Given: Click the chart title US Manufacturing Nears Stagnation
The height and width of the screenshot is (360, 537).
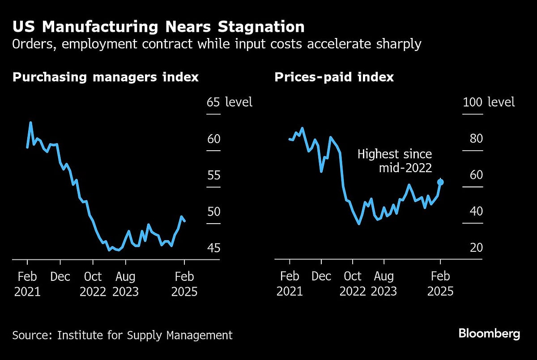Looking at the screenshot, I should coord(158,27).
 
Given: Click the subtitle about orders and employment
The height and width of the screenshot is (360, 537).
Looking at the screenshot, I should coord(217,45).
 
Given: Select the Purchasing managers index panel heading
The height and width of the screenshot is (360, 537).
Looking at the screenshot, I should coord(106,77).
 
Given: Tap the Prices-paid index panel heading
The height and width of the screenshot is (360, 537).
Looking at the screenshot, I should coord(334,77).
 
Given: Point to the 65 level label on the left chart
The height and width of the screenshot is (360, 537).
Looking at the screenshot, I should coord(229,102).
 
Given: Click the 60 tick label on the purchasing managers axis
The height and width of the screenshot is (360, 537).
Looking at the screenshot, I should coord(213,139).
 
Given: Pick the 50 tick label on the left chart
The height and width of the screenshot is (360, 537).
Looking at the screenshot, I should coord(213,211).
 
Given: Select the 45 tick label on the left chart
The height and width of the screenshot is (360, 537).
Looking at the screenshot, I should coord(213,247).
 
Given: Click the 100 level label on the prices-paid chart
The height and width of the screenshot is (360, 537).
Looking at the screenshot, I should coord(488,102).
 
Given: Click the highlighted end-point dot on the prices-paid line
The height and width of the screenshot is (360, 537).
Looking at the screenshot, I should coord(440,182).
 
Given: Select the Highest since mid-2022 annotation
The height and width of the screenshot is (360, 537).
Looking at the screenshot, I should coord(395,161).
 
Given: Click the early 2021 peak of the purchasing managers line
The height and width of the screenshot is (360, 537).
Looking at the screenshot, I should coord(30,123).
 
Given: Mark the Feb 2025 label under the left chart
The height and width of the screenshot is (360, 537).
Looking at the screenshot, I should coord(184,284).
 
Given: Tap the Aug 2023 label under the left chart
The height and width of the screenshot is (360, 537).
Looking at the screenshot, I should coord(125,284).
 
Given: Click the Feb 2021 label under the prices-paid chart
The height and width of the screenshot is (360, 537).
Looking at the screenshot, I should coord(290,284).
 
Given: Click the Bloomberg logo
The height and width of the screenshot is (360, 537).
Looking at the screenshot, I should coord(489,334).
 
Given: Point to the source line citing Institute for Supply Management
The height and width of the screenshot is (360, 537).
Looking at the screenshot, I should coord(122,335).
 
